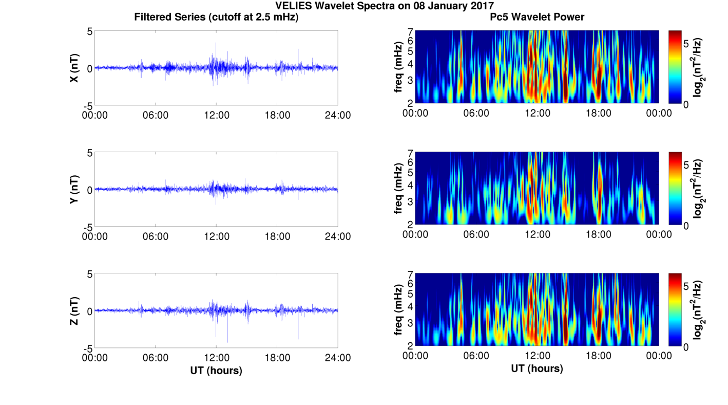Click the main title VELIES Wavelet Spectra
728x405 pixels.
coord(384,6)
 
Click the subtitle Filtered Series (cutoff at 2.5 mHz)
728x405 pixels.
coord(216,17)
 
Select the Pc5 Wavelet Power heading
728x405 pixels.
coord(537,17)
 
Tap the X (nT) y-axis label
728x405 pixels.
coord(74,68)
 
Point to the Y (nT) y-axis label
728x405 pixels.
coord(74,190)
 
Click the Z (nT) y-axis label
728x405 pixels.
coord(74,311)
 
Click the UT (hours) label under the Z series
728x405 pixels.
coord(216,370)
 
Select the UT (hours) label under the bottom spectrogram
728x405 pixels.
coord(537,369)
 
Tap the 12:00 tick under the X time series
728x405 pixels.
coord(216,115)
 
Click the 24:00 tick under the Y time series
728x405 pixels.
coord(338,236)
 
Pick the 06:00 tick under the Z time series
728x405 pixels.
coord(156,358)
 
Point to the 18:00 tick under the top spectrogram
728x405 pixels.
coord(598,113)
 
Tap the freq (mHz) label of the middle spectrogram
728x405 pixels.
coord(398,189)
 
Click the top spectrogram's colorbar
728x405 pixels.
coord(675,67)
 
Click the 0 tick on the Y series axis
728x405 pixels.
coord(89,190)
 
